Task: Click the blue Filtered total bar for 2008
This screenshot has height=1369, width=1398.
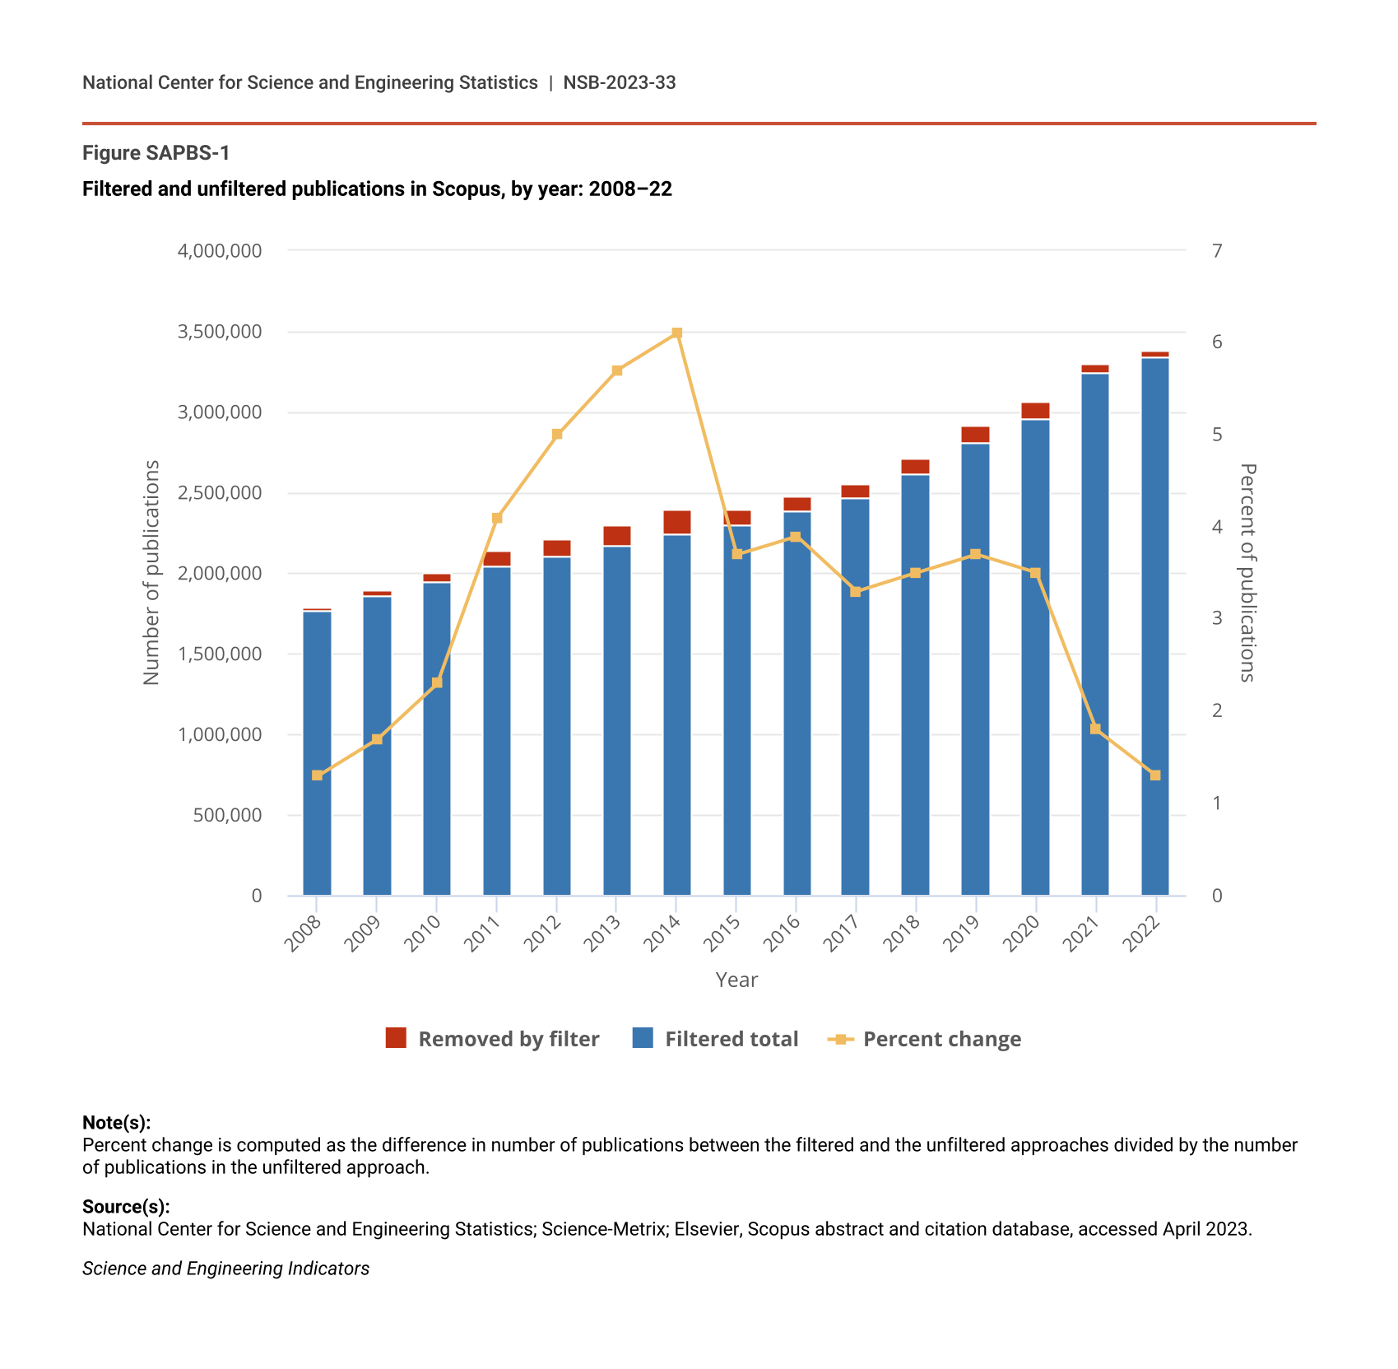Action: pyautogui.click(x=317, y=753)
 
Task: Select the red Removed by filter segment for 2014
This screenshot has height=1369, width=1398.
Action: pyautogui.click(x=676, y=522)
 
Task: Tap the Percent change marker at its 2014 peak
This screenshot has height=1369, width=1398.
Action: pyautogui.click(x=676, y=333)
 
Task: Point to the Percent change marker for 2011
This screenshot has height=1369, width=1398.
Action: pyautogui.click(x=497, y=518)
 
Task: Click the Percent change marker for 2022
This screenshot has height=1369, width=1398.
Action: pyautogui.click(x=1154, y=775)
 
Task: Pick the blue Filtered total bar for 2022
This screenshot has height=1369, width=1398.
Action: pyautogui.click(x=1154, y=626)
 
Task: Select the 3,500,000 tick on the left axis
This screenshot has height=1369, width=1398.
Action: pyautogui.click(x=220, y=332)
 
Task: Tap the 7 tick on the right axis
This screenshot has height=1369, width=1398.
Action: pyautogui.click(x=1217, y=250)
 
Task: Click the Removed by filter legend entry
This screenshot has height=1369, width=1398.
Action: pyautogui.click(x=492, y=1039)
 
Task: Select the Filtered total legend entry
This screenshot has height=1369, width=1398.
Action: pyautogui.click(x=715, y=1039)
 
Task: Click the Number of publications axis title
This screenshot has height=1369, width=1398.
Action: pyautogui.click(x=151, y=572)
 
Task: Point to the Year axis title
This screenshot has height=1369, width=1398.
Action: pyautogui.click(x=736, y=980)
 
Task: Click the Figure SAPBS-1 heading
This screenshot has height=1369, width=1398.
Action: pyautogui.click(x=156, y=153)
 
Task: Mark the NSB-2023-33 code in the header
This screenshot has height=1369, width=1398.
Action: pyautogui.click(x=620, y=82)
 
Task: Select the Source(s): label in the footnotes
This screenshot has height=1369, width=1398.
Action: pyautogui.click(x=126, y=1207)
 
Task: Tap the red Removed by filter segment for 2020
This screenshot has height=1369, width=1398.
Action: pyautogui.click(x=1035, y=411)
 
